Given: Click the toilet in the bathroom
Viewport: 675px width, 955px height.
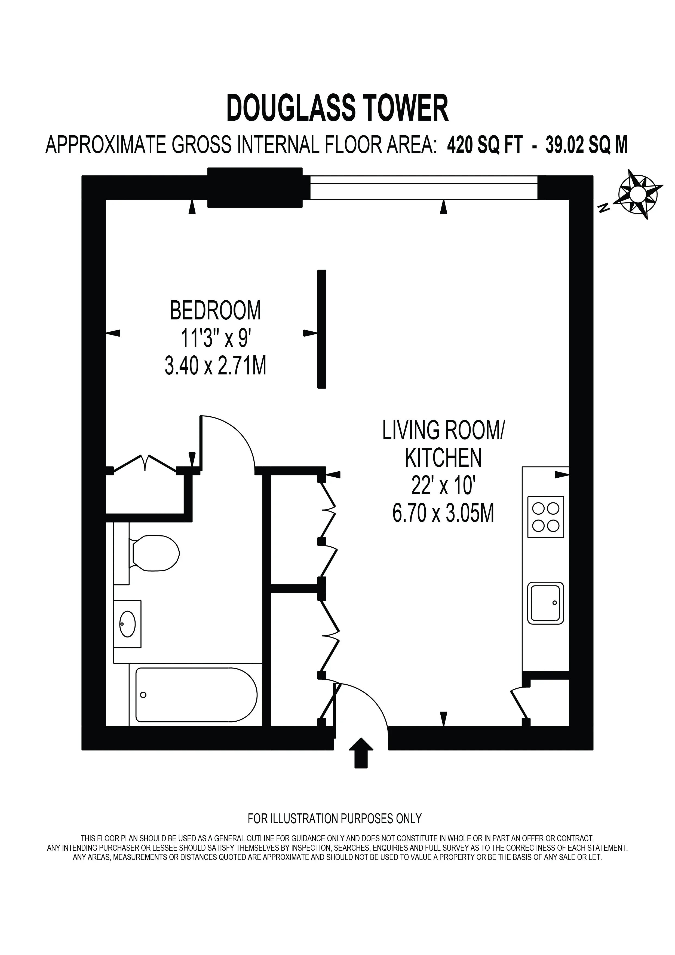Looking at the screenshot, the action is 154,553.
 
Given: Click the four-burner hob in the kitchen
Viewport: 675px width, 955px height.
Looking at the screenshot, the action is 545,517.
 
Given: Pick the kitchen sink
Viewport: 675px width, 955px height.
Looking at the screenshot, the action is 545,603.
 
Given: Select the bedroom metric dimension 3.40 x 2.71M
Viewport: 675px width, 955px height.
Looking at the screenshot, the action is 215,367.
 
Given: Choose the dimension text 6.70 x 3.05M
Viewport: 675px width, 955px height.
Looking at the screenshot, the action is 443,513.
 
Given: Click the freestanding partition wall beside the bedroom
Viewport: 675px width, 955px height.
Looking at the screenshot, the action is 321,329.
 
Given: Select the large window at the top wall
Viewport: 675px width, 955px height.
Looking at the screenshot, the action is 424,187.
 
